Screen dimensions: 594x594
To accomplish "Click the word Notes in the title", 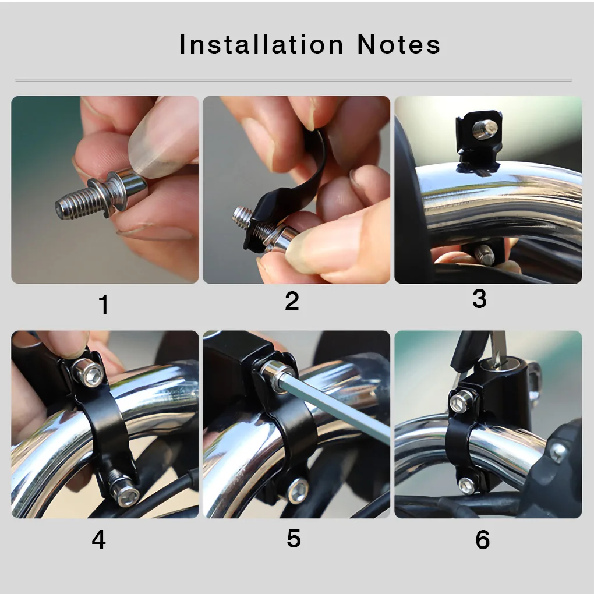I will point(398,45).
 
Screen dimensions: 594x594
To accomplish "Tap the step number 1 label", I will point(104,305).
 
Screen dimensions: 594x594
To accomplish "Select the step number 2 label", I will point(292,302).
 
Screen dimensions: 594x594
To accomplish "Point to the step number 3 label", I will point(479,299).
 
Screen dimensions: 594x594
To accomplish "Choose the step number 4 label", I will point(98,540).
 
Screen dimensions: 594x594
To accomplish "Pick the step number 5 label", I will point(294,539).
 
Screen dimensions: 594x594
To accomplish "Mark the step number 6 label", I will point(482,540).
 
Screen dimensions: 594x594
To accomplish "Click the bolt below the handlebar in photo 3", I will point(483,254).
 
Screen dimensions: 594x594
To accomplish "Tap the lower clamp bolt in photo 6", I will point(466,485).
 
